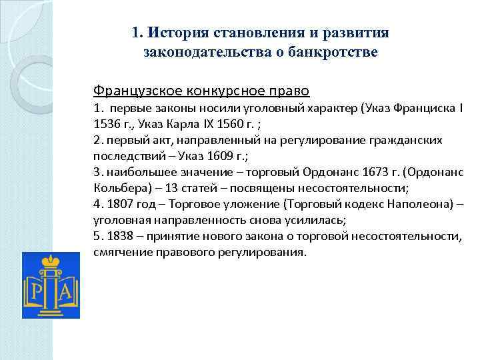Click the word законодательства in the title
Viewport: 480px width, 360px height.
click(x=194, y=52)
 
